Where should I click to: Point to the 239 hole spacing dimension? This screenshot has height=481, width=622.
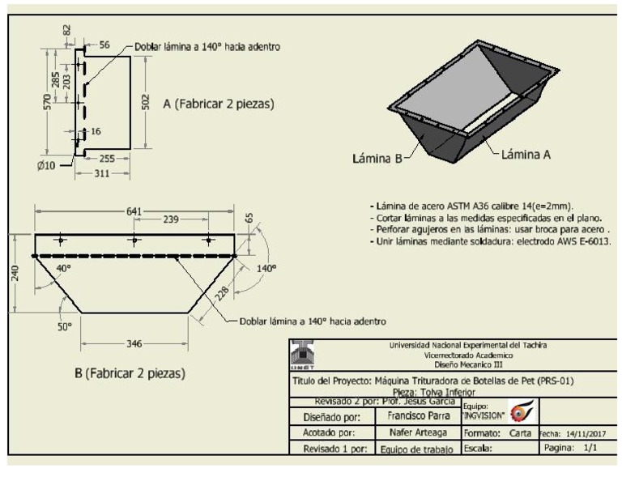[171, 219]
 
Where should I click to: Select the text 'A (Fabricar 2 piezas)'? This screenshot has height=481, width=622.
[218, 104]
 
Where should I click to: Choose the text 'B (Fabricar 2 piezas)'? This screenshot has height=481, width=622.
[130, 375]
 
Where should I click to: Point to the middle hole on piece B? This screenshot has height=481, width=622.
[134, 240]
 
